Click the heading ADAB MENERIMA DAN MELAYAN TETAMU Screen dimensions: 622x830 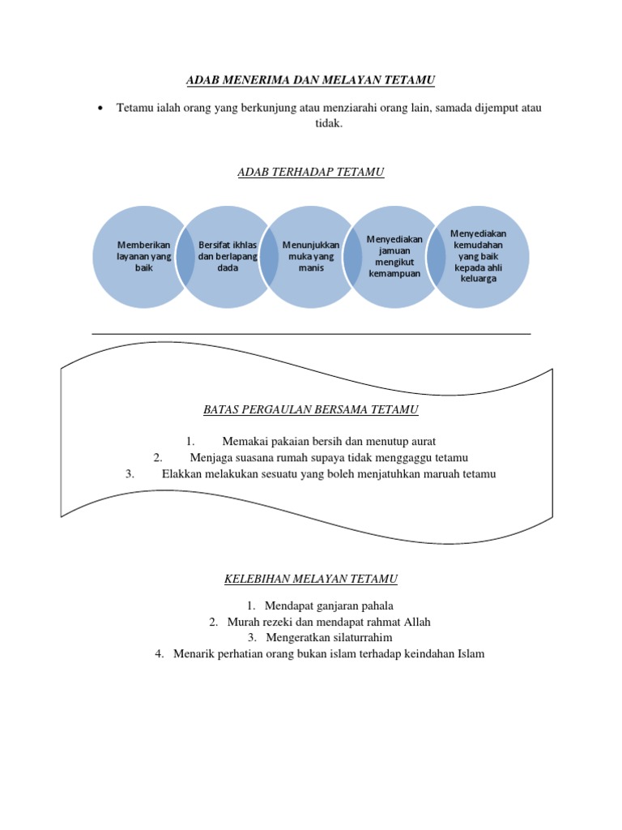coord(310,80)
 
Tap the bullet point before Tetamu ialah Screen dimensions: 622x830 coord(100,109)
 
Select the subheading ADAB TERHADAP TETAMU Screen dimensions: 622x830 coord(310,172)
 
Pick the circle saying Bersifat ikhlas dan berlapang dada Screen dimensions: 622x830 coord(228,257)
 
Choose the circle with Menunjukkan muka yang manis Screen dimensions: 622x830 coord(311,257)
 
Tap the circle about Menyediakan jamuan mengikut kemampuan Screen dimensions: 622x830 coord(394,257)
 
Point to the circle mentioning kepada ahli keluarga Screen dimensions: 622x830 coord(478,257)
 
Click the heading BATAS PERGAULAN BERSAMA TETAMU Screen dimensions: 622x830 coord(311,409)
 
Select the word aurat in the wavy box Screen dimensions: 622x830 coord(422,442)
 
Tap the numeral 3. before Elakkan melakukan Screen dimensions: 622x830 coord(130,473)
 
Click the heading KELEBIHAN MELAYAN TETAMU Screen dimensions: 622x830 coord(311,579)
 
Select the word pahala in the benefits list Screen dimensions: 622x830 coord(377,606)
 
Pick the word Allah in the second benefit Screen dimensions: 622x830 coord(417,622)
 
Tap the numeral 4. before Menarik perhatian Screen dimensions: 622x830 coord(160,654)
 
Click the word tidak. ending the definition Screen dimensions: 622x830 coord(329,123)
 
